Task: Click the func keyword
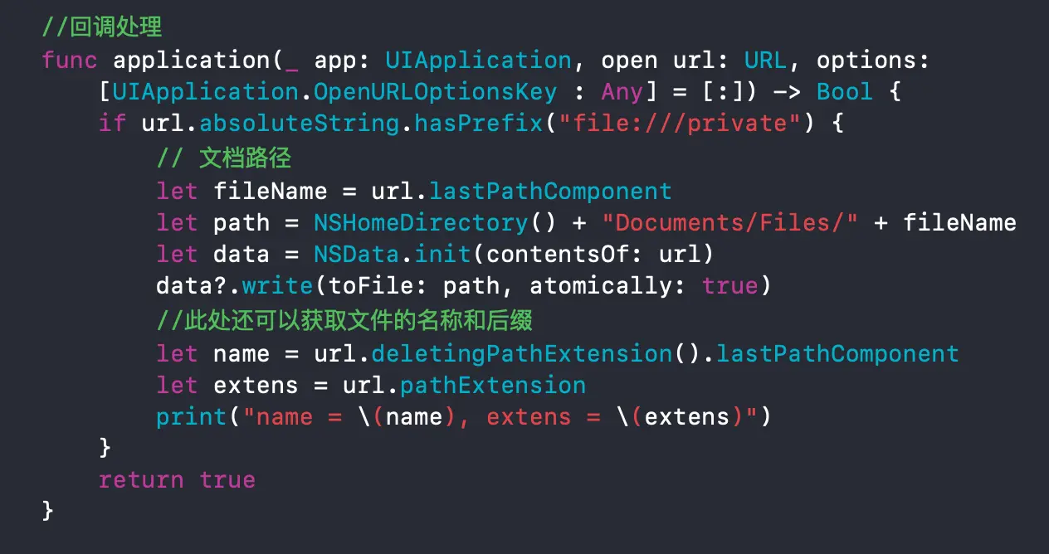pyautogui.click(x=70, y=61)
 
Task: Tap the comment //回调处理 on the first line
pyautogui.click(x=101, y=28)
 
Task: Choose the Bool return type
pyautogui.click(x=844, y=92)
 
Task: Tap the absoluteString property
pyautogui.click(x=300, y=124)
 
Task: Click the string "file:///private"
pyautogui.click(x=679, y=124)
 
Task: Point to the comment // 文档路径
pyautogui.click(x=224, y=158)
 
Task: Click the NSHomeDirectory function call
pyautogui.click(x=420, y=223)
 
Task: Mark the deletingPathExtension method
pyautogui.click(x=521, y=354)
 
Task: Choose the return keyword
pyautogui.click(x=141, y=480)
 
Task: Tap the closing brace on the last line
pyautogui.click(x=47, y=511)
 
